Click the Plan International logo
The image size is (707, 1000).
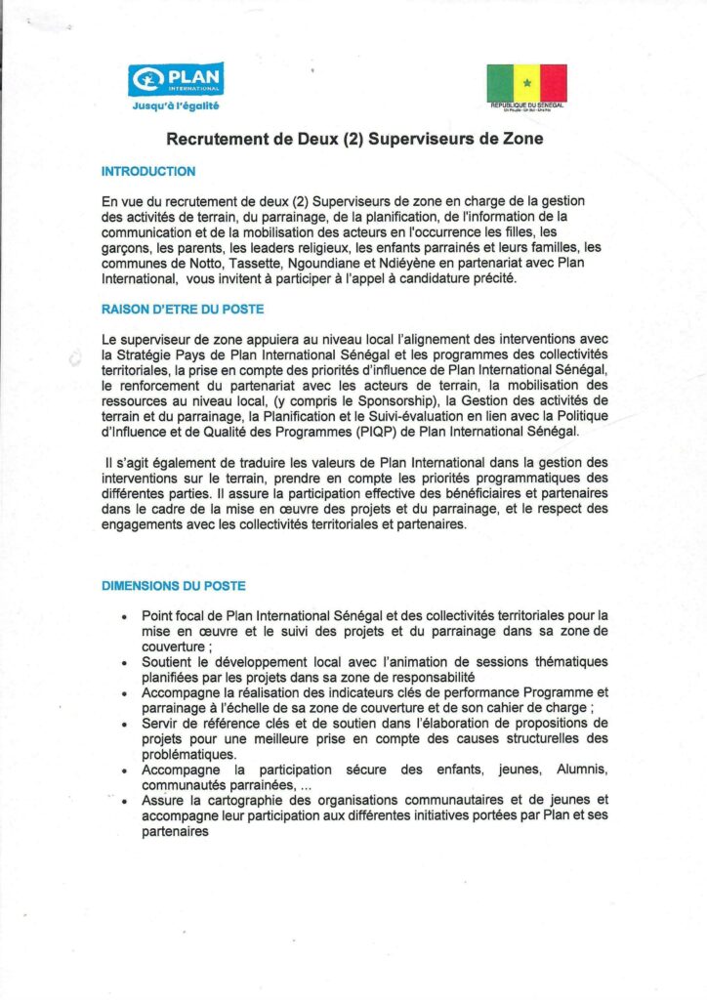tap(176, 78)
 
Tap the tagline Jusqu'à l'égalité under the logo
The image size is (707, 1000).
tap(176, 104)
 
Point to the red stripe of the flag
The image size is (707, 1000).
tap(554, 81)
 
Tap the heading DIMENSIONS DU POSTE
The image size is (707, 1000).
tap(174, 586)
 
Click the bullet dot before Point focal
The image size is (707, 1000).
tap(124, 617)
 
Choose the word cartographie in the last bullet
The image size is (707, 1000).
tap(225, 800)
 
